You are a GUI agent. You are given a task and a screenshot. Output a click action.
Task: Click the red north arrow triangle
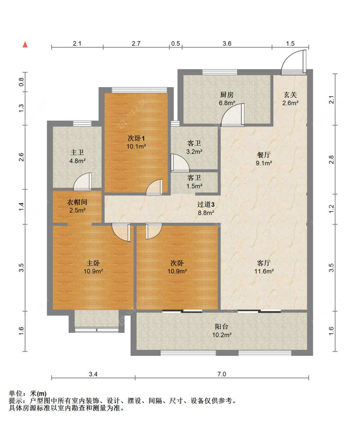click(25, 44)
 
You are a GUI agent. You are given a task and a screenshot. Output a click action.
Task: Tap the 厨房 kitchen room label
click(227, 95)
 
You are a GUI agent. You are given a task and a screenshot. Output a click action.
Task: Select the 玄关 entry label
click(290, 95)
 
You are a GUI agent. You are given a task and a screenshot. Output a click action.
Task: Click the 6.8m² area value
click(227, 103)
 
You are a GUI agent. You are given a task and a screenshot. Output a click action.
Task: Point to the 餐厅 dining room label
click(264, 155)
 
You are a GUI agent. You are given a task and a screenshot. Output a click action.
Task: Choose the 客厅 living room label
click(264, 263)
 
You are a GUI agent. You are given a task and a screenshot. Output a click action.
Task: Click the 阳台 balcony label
click(222, 326)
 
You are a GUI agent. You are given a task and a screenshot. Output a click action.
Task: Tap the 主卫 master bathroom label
click(77, 152)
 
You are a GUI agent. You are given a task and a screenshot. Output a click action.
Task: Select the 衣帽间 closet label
click(77, 202)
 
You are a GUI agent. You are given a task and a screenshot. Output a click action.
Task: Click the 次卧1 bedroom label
click(136, 138)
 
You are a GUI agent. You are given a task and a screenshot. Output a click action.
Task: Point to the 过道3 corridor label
click(206, 204)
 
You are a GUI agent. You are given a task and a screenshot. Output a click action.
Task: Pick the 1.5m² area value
click(194, 186)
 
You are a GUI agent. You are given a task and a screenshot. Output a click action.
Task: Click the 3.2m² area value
click(194, 152)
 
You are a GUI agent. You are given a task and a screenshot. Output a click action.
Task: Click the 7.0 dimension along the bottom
click(222, 374)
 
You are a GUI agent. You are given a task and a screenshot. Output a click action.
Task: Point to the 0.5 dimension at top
click(175, 44)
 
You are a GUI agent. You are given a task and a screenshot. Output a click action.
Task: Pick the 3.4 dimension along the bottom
click(93, 374)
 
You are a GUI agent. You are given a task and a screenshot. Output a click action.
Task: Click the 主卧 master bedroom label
click(93, 263)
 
